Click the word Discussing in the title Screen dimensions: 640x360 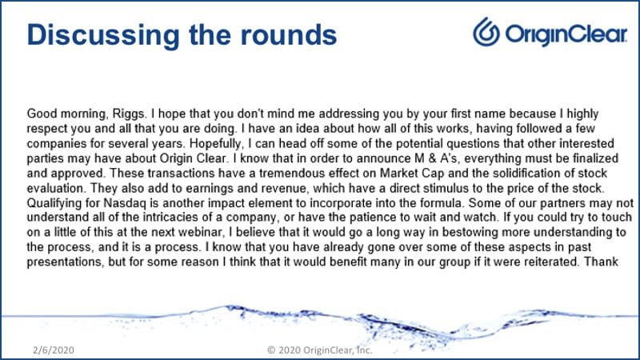pos(103,35)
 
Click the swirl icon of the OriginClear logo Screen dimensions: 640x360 pos(486,31)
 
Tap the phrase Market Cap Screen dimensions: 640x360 pos(412,174)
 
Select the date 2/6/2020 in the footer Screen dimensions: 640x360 pos(54,350)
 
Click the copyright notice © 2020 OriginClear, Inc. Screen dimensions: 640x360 pos(319,350)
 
